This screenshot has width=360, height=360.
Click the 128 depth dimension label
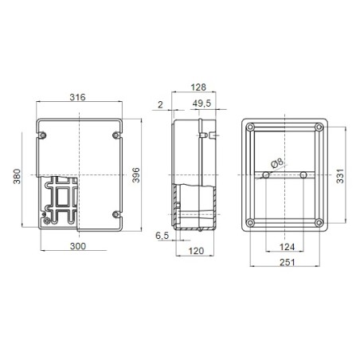[x=199, y=88]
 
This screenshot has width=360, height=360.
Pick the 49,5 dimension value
[x=202, y=104]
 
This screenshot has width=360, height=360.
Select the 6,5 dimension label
[x=162, y=235]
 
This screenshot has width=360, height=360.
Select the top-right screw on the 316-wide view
[x=117, y=135]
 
